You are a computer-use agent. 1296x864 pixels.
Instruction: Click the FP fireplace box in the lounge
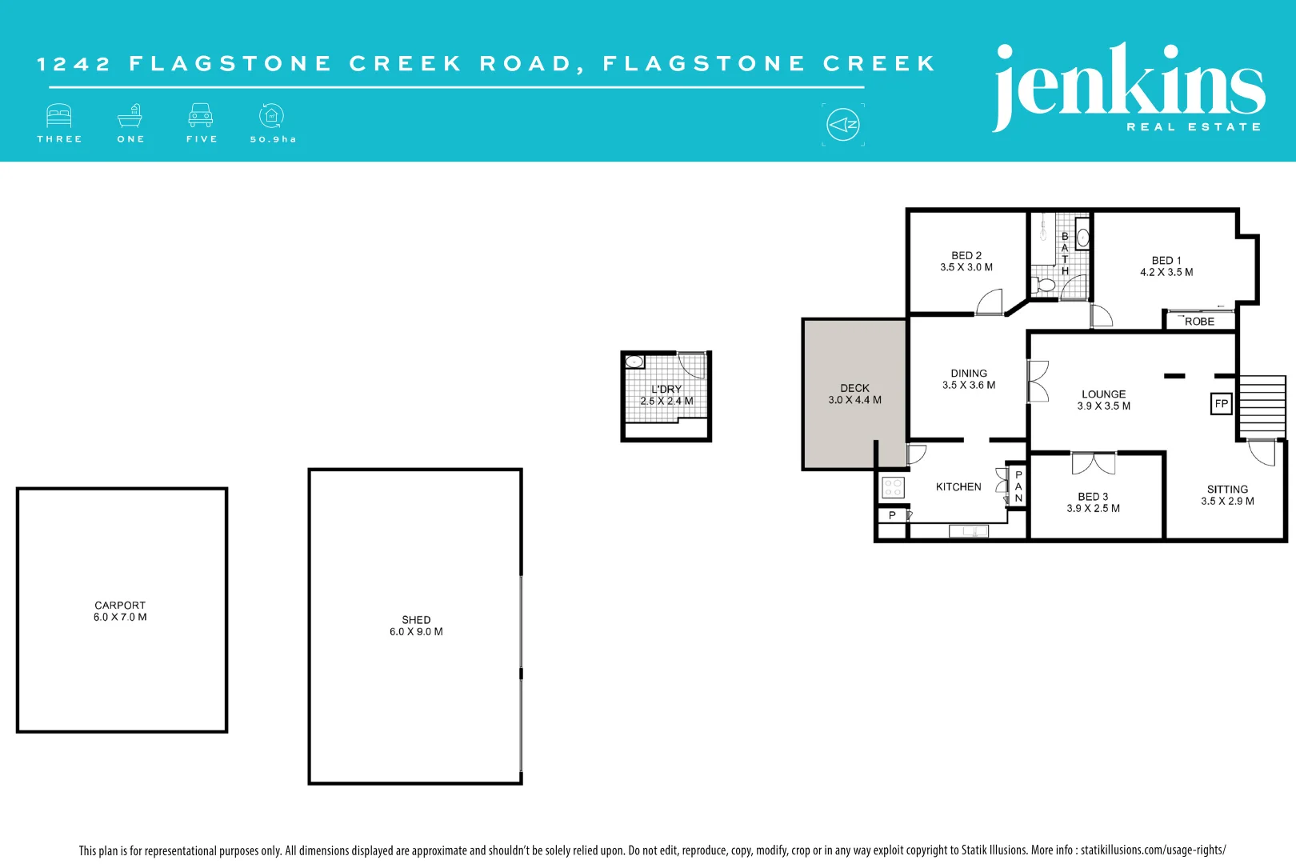tap(1221, 404)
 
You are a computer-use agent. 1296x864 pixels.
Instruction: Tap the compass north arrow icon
tap(843, 125)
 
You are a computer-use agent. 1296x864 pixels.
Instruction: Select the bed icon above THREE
tap(59, 116)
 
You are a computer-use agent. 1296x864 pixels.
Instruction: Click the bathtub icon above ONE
tap(130, 116)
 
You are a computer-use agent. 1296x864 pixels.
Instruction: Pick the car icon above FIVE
tap(201, 116)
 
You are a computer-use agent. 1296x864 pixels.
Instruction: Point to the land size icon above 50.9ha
tap(272, 116)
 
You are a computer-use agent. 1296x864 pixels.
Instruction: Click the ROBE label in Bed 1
tap(1199, 322)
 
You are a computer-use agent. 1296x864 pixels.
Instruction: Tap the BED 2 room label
tap(966, 256)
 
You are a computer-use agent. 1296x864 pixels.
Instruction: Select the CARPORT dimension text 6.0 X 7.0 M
tap(120, 618)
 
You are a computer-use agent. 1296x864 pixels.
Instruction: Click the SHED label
tap(416, 620)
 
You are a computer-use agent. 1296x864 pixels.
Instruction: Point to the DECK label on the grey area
tap(854, 388)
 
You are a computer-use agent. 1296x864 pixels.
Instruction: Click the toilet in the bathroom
tap(1044, 285)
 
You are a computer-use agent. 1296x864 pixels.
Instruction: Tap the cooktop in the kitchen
tap(893, 487)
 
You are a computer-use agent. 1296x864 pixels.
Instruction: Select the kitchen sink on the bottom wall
tap(968, 531)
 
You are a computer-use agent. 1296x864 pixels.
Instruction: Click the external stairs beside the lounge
tap(1262, 407)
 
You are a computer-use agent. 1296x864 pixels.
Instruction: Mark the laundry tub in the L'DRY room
tap(635, 362)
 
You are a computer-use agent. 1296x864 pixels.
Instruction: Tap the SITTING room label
tap(1227, 490)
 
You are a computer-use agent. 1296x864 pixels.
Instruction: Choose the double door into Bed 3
tap(1094, 462)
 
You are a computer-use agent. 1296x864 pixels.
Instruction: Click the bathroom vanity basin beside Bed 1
tap(1082, 238)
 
